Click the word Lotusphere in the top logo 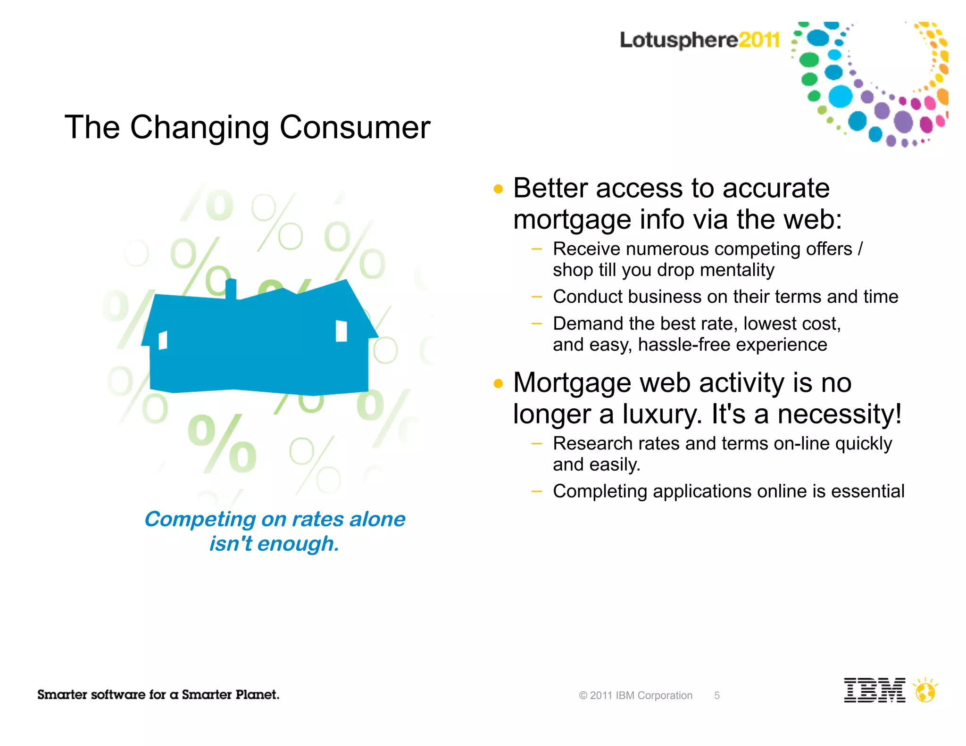(x=678, y=40)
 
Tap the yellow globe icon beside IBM (x=925, y=692)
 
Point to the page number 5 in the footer (x=716, y=696)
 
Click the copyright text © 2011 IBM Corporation (x=635, y=696)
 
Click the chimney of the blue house (x=231, y=289)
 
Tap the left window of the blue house (x=163, y=340)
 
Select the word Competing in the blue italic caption (x=200, y=520)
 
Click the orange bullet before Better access (x=498, y=190)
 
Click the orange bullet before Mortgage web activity (x=498, y=383)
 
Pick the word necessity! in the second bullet (x=839, y=414)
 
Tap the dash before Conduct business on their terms (x=536, y=297)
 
